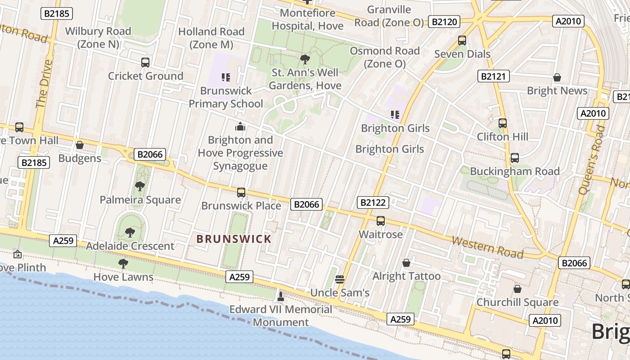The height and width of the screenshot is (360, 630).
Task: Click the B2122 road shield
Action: [373, 202]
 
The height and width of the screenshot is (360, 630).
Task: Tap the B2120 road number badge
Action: [444, 22]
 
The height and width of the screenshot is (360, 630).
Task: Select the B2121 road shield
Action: [493, 76]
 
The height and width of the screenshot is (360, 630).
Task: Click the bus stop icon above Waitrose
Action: [381, 221]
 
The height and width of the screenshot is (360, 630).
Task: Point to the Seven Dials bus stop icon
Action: [462, 40]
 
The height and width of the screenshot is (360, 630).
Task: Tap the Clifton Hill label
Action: [503, 136]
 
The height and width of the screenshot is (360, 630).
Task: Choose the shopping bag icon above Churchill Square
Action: [517, 289]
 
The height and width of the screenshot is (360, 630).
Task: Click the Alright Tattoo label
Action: [406, 276]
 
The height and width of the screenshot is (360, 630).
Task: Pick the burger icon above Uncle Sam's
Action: [340, 279]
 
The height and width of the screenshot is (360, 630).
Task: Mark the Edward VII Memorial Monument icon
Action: [281, 296]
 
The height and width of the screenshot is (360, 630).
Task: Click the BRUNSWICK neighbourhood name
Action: [234, 239]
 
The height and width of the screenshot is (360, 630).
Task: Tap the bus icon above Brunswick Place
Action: [241, 193]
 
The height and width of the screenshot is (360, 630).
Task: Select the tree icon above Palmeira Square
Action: [140, 186]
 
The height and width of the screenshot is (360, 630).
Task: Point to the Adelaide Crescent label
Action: [130, 246]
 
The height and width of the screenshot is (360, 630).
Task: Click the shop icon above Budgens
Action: [80, 145]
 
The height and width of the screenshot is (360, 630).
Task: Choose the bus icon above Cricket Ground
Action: [145, 63]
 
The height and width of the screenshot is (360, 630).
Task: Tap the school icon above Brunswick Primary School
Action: [226, 77]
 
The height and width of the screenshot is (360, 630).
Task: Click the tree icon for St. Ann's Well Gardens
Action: [305, 59]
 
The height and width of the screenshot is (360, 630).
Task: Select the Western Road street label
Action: [487, 247]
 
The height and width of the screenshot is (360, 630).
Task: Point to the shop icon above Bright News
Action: [557, 77]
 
